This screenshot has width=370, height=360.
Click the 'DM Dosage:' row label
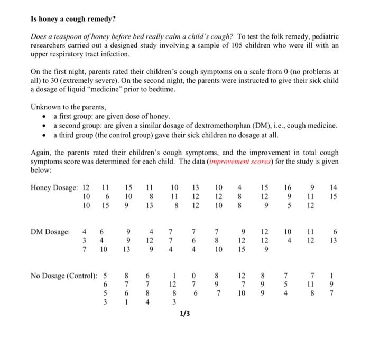point(50,232)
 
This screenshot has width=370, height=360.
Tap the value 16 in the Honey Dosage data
point(287,187)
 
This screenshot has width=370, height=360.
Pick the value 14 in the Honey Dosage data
point(331,187)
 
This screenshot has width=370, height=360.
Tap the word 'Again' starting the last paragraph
point(42,153)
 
